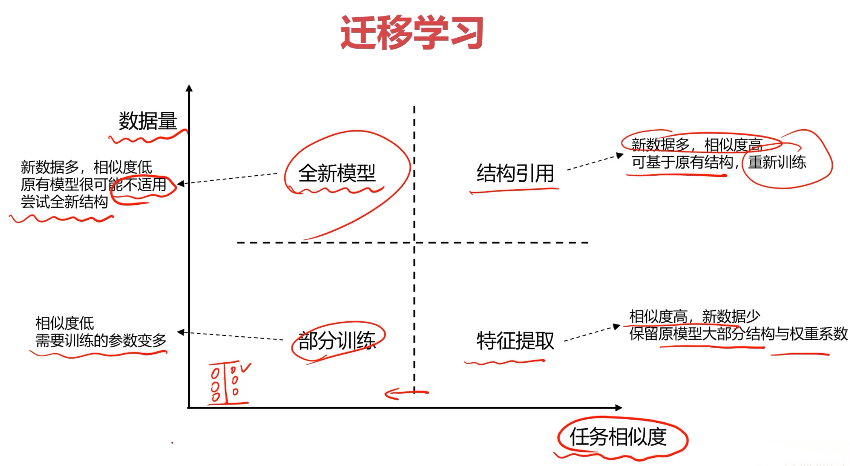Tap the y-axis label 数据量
[148, 121]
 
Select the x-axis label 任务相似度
[618, 437]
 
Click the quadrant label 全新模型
[337, 173]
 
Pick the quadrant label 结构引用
[515, 173]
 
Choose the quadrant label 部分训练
[337, 341]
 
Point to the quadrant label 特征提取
[515, 341]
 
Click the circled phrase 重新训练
[777, 162]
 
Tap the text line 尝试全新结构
[64, 202]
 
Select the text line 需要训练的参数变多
[101, 340]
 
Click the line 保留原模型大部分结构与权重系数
[738, 334]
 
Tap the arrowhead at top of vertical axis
[189, 88]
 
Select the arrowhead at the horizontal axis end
[619, 407]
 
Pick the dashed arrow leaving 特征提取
[591, 333]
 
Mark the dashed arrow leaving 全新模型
[228, 178]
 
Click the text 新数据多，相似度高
[696, 145]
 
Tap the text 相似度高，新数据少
[694, 316]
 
